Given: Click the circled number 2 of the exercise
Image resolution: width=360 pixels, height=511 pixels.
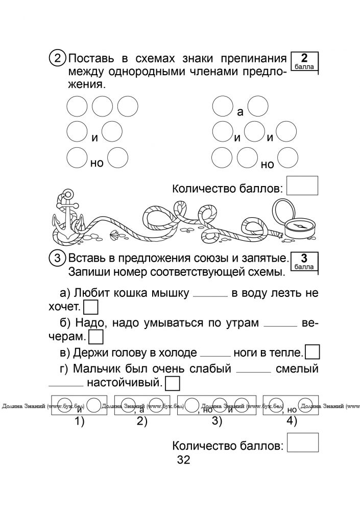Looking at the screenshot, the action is (x=57, y=59).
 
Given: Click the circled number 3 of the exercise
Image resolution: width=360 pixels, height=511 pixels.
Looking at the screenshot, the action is (x=57, y=259).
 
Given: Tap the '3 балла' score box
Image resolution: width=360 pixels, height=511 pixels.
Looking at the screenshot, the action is (x=304, y=262).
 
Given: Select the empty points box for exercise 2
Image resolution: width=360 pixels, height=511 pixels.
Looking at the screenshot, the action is (x=302, y=185).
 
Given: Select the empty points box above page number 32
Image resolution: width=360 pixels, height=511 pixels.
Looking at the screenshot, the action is (x=303, y=442).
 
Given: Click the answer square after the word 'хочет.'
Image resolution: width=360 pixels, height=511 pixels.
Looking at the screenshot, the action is (x=90, y=308).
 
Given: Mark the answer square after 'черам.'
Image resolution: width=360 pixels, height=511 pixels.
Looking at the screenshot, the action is (x=96, y=337).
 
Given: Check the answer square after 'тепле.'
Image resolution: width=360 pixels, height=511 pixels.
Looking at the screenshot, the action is (x=313, y=352).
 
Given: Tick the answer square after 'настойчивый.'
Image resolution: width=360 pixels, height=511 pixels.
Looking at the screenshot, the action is (x=173, y=383).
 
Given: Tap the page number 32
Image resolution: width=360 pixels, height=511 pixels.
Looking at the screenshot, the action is (x=183, y=460).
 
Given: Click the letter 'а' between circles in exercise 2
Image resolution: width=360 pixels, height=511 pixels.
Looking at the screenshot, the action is (x=240, y=112).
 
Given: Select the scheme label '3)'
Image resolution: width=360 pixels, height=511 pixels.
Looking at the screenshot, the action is (x=217, y=422).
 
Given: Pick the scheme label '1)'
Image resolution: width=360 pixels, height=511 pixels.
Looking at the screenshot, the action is (x=80, y=422).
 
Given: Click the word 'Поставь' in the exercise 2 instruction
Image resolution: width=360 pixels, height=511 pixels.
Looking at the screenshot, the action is (x=91, y=59).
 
